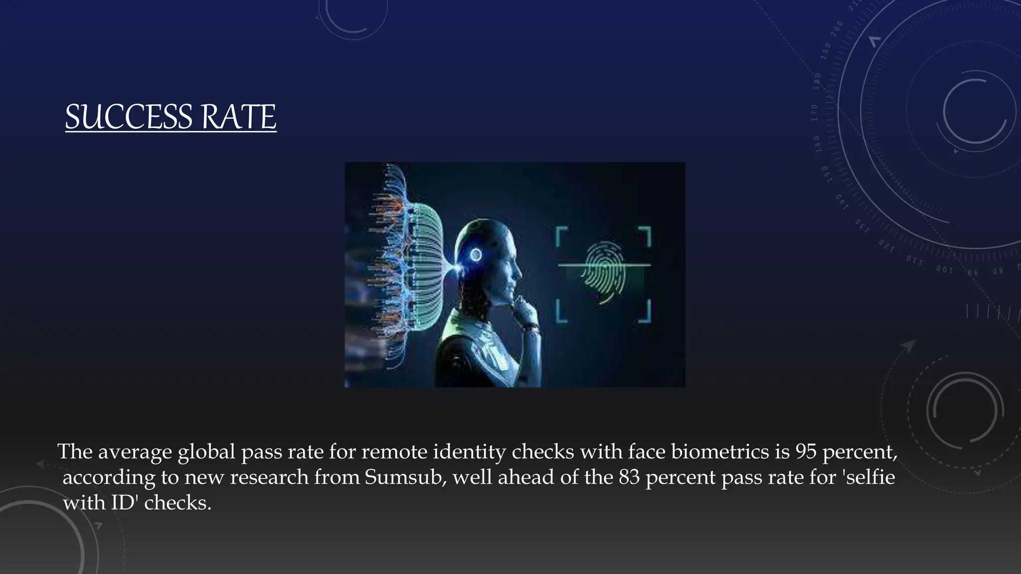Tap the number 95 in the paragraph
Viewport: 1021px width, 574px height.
(806, 451)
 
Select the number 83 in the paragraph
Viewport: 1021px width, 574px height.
(629, 477)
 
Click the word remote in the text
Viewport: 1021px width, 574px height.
(394, 451)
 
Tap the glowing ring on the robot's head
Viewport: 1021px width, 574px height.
(476, 255)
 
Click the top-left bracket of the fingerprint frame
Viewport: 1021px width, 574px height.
(561, 235)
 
